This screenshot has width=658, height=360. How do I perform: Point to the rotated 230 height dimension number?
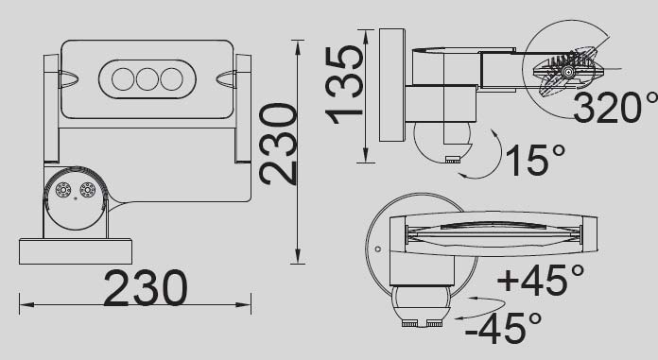coord(279,144)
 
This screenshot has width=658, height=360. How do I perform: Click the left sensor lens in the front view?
coord(64,190)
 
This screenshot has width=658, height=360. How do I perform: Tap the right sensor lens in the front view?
coord(88,190)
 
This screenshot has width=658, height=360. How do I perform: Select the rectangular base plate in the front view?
coord(75,251)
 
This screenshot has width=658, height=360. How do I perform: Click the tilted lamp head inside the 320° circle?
coord(567,71)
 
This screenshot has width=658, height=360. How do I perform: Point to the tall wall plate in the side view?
coord(391,85)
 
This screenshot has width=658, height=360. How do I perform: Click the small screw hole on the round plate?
coord(377,250)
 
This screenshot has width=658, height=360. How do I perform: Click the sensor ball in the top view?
coord(422,304)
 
